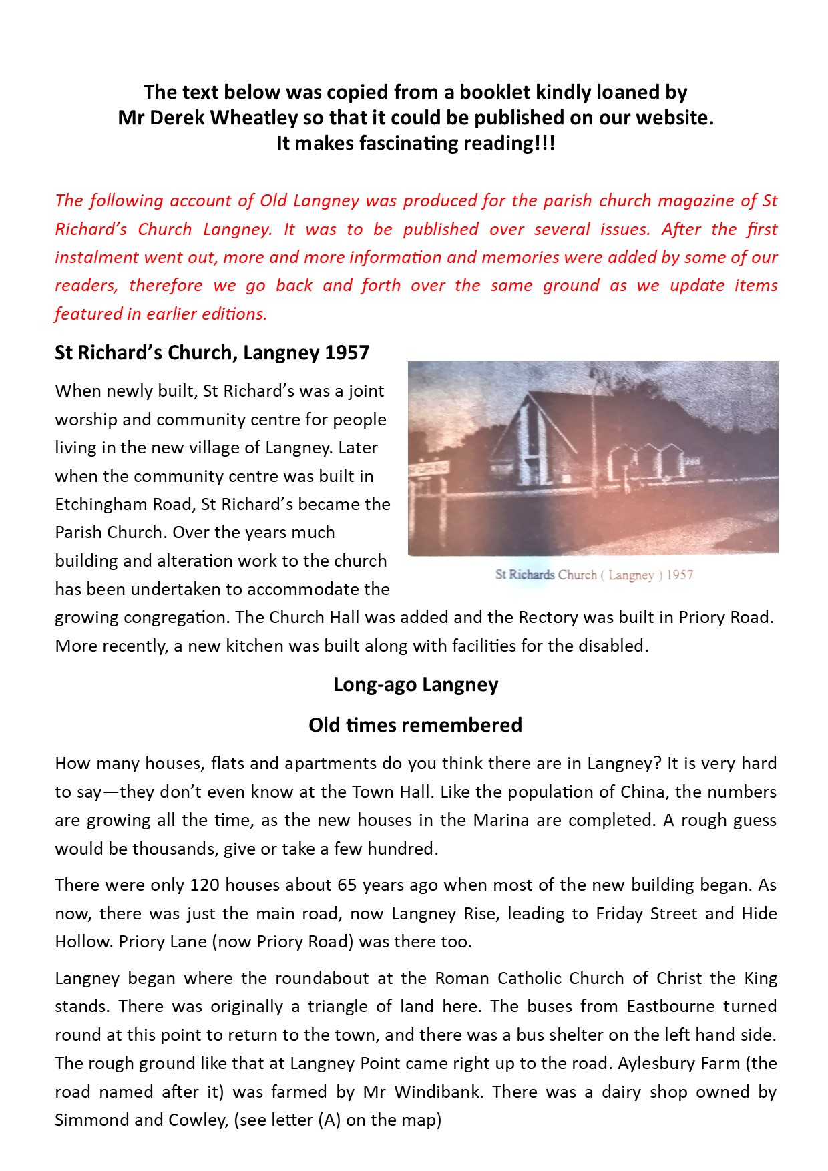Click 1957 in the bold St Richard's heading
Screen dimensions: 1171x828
coord(347,353)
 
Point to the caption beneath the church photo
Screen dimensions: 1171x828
coord(594,575)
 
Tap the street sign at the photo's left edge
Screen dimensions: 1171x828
coord(428,469)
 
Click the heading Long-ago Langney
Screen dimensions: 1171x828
coord(415,685)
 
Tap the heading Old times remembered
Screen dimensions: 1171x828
coord(415,725)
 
